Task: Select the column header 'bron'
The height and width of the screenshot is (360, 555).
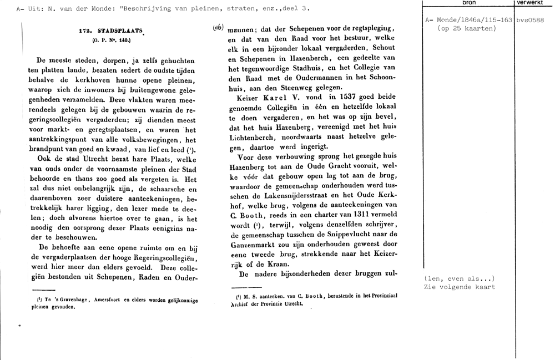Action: pyautogui.click(x=468, y=3)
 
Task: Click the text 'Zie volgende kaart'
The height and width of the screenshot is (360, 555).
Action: pyautogui.click(x=459, y=287)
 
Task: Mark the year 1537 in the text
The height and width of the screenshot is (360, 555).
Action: pyautogui.click(x=325, y=96)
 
